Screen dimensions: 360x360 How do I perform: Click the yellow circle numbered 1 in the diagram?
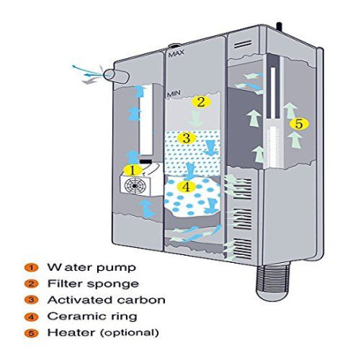[133, 170]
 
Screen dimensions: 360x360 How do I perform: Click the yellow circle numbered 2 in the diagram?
[201, 102]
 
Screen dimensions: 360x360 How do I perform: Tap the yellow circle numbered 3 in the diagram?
[186, 138]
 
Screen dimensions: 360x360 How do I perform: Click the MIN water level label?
[174, 95]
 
